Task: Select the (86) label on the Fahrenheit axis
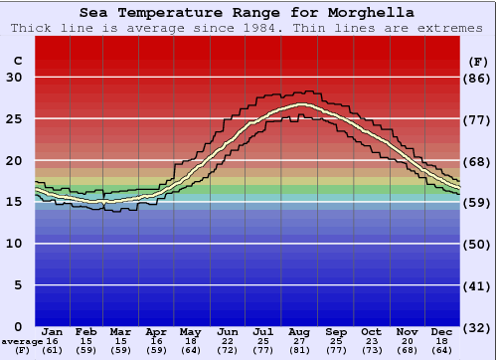pyautogui.click(x=477, y=78)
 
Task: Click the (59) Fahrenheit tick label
pyautogui.click(x=477, y=203)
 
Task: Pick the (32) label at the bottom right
pyautogui.click(x=477, y=327)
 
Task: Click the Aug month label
pyautogui.click(x=300, y=331)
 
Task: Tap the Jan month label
pyautogui.click(x=54, y=331)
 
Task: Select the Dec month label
pyautogui.click(x=442, y=331)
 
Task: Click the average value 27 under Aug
pyautogui.click(x=300, y=341)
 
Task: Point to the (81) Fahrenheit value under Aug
pyautogui.click(x=300, y=351)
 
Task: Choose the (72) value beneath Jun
pyautogui.click(x=229, y=351)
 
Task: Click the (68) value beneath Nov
pyautogui.click(x=408, y=351)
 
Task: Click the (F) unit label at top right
pyautogui.click(x=477, y=61)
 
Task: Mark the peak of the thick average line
pyautogui.click(x=301, y=104)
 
